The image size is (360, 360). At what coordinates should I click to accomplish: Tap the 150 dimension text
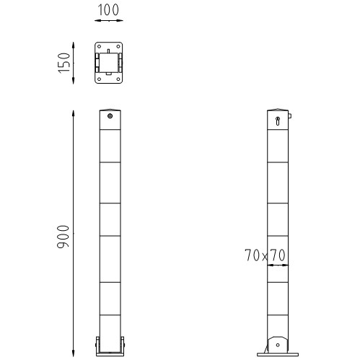pyautogui.click(x=64, y=63)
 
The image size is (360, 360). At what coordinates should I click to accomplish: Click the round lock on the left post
pyautogui.click(x=110, y=115)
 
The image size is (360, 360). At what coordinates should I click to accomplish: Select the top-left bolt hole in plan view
pyautogui.click(x=98, y=48)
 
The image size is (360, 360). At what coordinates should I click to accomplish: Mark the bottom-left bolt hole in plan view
pyautogui.click(x=98, y=77)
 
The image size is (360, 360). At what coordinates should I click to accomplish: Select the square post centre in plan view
pyautogui.click(x=110, y=63)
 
